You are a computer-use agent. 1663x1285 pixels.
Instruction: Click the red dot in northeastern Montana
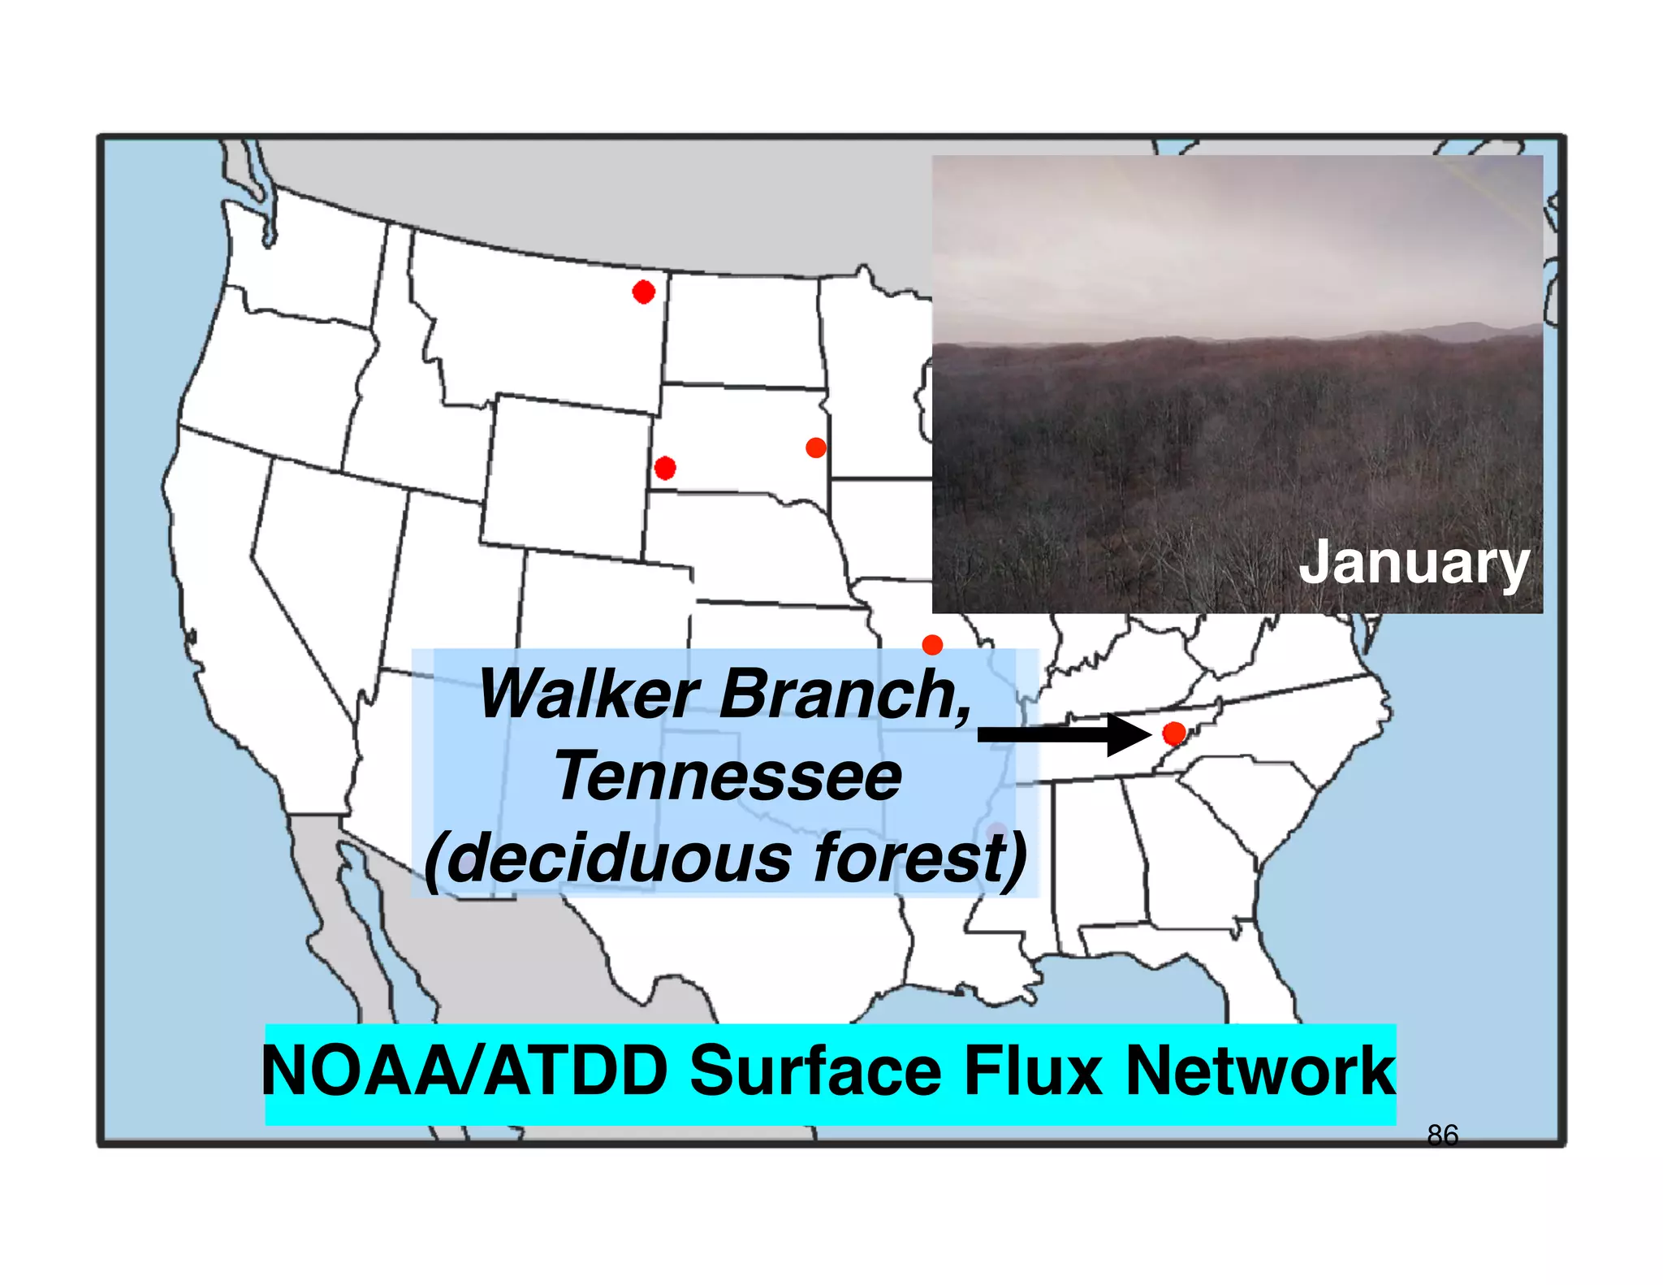[643, 292]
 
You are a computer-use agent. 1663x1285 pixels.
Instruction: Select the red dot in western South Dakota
[665, 468]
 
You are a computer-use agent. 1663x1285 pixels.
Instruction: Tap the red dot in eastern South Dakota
[816, 448]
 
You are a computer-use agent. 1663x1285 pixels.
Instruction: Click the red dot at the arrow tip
[1174, 733]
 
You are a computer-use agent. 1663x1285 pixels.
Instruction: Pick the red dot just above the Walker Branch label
[932, 645]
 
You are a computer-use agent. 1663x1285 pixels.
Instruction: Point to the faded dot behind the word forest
[996, 833]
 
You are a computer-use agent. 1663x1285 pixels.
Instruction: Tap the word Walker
[589, 695]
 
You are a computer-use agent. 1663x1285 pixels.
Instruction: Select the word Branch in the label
[844, 695]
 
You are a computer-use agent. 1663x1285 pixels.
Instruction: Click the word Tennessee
[728, 777]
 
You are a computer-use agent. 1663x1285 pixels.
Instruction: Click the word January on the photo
[1414, 564]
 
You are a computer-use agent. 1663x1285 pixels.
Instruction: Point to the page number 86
[1442, 1135]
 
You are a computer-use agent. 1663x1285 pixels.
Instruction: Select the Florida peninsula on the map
[1267, 975]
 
